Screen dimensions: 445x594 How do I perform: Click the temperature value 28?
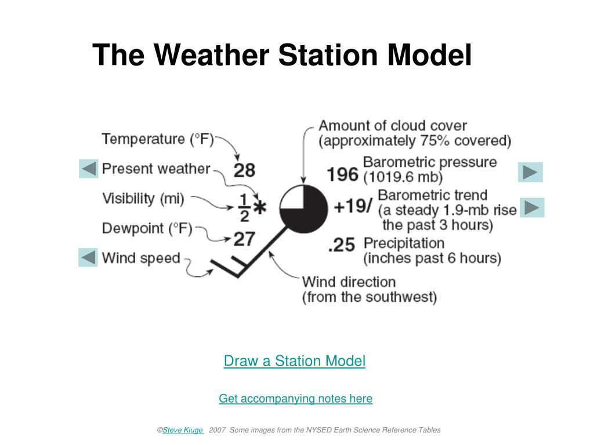coord(244,170)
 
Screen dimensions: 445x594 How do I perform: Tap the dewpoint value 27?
coord(244,239)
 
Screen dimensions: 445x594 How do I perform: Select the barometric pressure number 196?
coord(343,174)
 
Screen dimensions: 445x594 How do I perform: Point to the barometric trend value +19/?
coord(353,207)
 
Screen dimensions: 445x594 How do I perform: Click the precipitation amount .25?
coord(342,245)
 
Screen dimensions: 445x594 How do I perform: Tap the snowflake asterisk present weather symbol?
coord(260,207)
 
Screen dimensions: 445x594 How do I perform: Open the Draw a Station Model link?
coord(294,361)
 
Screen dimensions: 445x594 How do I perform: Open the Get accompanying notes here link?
coord(295,399)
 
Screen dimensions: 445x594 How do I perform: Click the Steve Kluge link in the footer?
coord(183,430)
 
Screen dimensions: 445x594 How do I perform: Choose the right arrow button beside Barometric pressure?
coord(530,172)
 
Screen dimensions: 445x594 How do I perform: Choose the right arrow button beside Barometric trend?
coord(532,207)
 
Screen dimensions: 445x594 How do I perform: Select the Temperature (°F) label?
coord(158,139)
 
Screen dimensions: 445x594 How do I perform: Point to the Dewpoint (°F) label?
coord(147,228)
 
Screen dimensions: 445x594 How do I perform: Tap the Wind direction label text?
coord(349,282)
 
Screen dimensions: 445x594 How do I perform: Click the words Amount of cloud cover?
coord(393,126)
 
